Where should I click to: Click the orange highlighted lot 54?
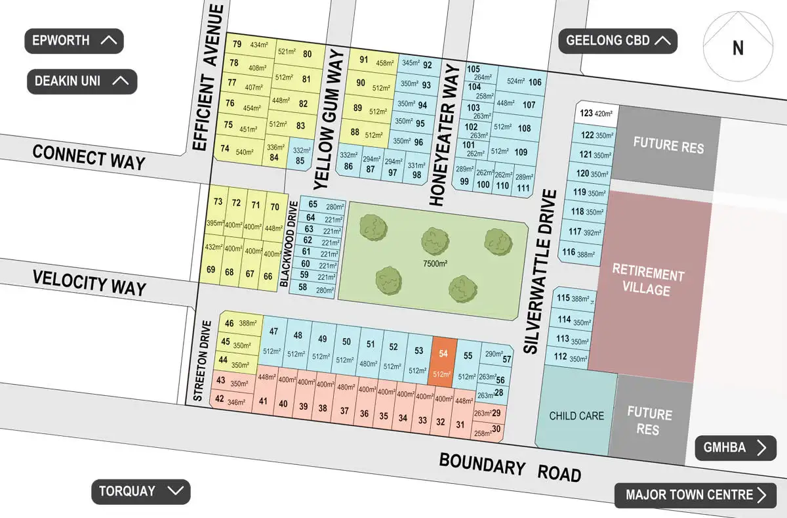click(x=443, y=362)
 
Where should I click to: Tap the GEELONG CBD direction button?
click(x=617, y=41)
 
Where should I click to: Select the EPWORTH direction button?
click(x=74, y=41)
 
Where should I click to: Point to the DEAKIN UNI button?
click(x=82, y=81)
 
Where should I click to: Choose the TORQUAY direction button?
click(x=140, y=491)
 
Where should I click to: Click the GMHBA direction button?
click(x=735, y=448)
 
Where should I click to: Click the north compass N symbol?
click(x=738, y=48)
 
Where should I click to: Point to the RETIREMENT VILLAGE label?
click(x=648, y=282)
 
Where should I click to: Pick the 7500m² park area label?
click(x=435, y=264)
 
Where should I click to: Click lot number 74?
click(x=225, y=149)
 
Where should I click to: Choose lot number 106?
click(x=535, y=82)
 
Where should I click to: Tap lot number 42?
click(x=219, y=399)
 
